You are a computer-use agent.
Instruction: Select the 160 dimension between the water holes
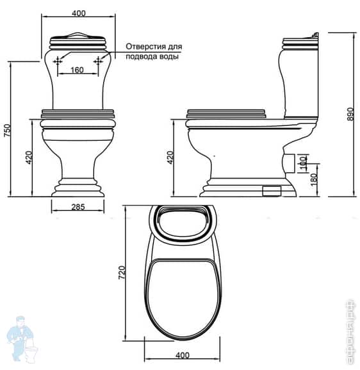pos(78,70)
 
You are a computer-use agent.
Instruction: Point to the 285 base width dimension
pos(77,207)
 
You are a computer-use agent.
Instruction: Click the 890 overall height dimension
pos(350,113)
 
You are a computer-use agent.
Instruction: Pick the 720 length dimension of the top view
pos(131,274)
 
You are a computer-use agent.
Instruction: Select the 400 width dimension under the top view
pos(183,354)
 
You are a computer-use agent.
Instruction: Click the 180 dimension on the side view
pos(313,180)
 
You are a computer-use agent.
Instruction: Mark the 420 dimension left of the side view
pos(170,157)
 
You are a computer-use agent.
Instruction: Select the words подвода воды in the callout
pos(152,56)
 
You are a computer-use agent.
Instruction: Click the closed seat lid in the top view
pos(183,298)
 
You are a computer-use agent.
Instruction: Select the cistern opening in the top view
pos(183,225)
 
